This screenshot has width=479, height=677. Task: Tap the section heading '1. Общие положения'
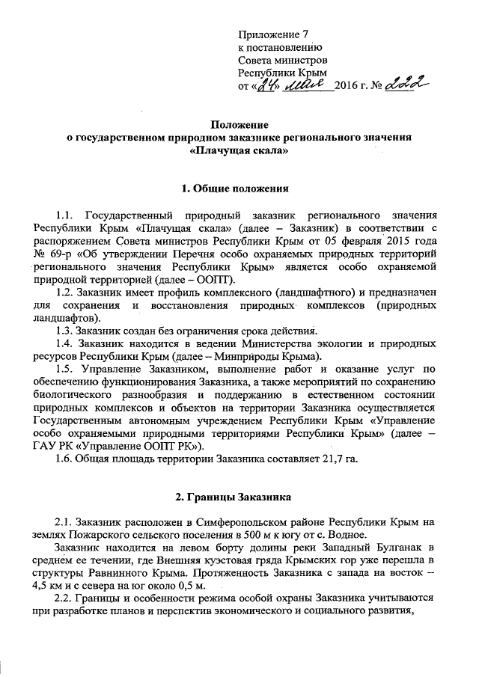click(239, 187)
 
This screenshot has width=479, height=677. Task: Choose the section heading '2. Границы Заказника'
click(238, 497)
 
